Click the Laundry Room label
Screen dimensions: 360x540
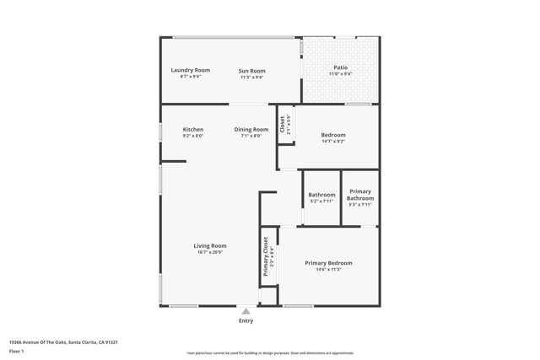190,70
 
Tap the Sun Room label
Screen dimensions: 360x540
251,70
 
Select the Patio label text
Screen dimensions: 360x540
340,67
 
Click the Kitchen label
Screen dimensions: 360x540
192,129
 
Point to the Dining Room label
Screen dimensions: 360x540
251,129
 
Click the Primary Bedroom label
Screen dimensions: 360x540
328,263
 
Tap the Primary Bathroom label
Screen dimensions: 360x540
360,195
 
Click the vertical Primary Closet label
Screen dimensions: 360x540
266,256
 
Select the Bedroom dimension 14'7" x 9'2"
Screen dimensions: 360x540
333,142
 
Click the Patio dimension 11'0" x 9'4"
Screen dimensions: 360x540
340,74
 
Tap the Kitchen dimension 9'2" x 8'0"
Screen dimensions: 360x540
192,136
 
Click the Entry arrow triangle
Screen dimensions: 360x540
246,311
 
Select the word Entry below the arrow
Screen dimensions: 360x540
246,320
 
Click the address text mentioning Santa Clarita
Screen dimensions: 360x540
62,342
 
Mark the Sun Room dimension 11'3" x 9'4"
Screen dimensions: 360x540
251,77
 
